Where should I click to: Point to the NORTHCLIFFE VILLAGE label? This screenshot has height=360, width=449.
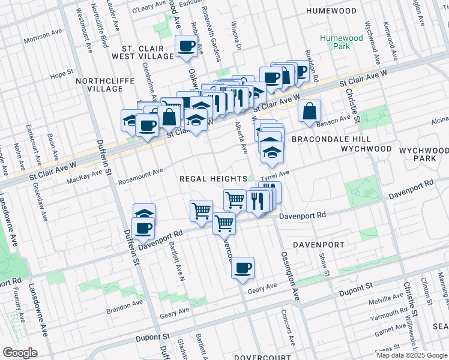[96, 84]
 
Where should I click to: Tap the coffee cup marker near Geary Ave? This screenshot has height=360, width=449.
[243, 268]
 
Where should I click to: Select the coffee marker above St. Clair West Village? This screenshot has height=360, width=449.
[186, 46]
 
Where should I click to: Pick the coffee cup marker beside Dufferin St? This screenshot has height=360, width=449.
[144, 228]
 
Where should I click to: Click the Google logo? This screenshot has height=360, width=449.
[20, 353]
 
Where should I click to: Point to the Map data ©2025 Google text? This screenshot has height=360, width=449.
[411, 355]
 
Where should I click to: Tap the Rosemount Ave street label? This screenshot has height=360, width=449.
[140, 172]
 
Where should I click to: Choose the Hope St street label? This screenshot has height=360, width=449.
[61, 75]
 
